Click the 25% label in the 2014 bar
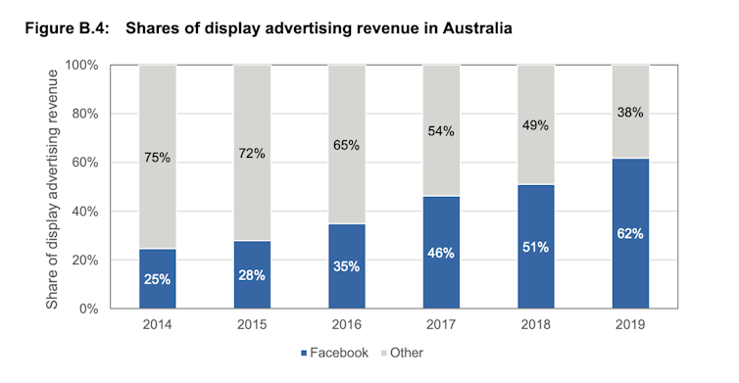pyautogui.click(x=157, y=278)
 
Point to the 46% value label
pyautogui.click(x=441, y=253)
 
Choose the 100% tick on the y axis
pyautogui.click(x=82, y=66)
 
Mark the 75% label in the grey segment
pyautogui.click(x=157, y=157)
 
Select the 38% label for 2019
pyautogui.click(x=629, y=112)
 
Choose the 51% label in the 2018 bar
pyautogui.click(x=535, y=247)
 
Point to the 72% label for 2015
pyautogui.click(x=252, y=153)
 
